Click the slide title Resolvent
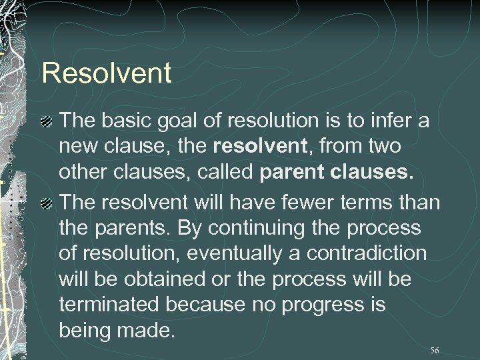click(x=107, y=73)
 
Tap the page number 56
click(x=435, y=350)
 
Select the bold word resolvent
click(x=253, y=147)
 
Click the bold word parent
click(x=293, y=174)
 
